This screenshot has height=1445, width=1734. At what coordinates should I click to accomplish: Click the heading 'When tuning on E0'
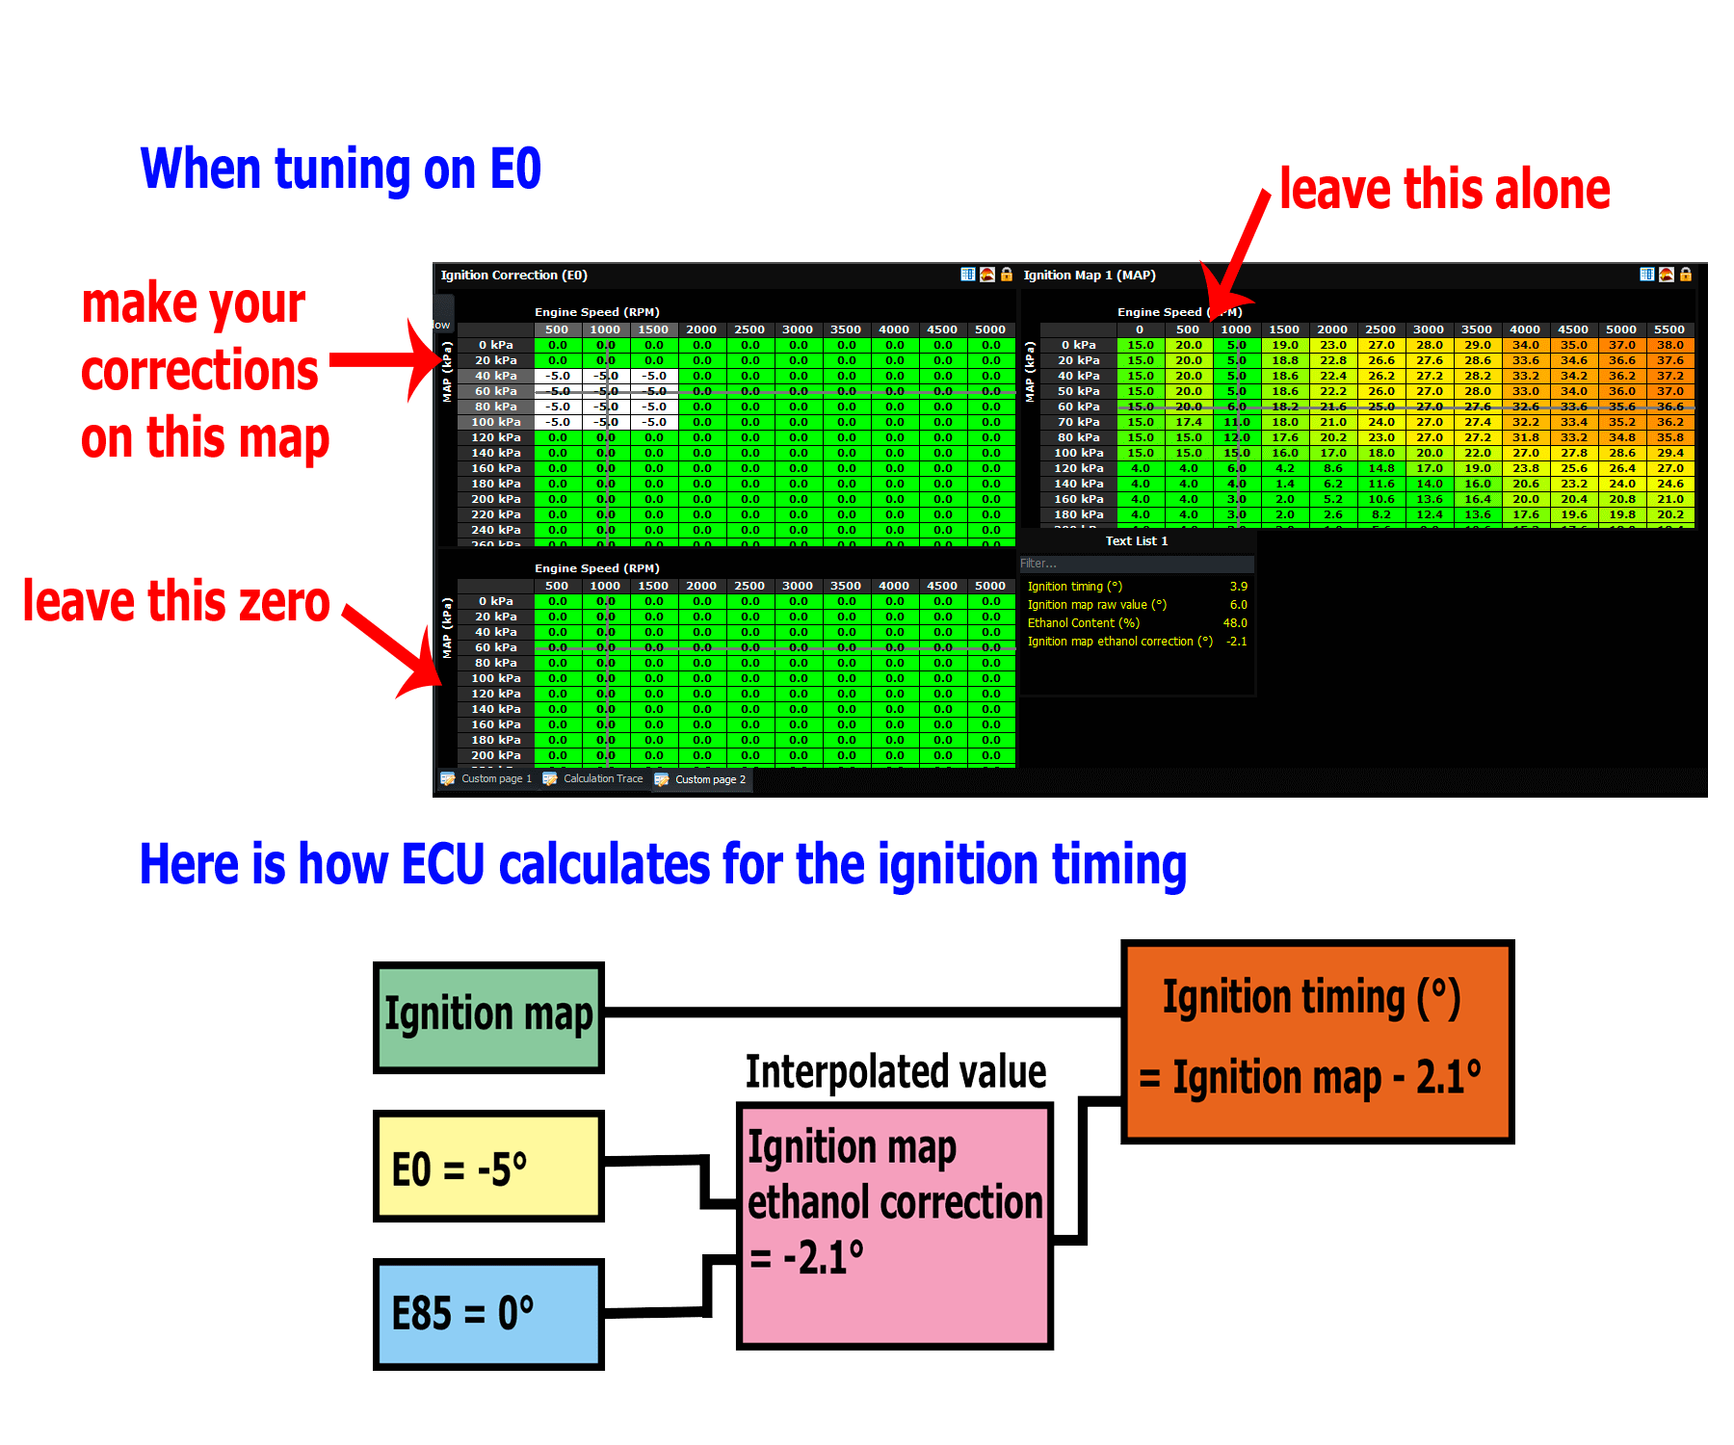tap(341, 170)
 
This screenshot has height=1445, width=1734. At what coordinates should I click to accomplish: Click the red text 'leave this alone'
tap(1444, 189)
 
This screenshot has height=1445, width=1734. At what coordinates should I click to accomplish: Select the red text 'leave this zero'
tap(176, 602)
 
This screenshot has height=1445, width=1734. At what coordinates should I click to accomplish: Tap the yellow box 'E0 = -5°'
tap(488, 1167)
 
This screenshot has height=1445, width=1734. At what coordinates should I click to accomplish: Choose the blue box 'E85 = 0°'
tap(488, 1314)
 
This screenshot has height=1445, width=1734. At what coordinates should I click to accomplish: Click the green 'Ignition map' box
tap(488, 1017)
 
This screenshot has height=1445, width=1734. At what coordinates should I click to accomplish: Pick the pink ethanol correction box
tap(895, 1225)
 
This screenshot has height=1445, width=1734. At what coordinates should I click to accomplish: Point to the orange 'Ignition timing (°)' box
tap(1317, 1041)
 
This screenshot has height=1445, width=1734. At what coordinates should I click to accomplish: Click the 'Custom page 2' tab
tap(709, 779)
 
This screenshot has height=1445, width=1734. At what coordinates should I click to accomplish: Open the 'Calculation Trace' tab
tap(602, 778)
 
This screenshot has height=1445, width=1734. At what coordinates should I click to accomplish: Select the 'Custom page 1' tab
tap(495, 778)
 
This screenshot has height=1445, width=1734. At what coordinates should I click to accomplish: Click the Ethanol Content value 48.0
tap(1235, 623)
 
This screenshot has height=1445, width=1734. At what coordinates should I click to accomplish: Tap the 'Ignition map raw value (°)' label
tap(1096, 605)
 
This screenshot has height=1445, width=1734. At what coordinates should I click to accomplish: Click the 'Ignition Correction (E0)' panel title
tap(513, 276)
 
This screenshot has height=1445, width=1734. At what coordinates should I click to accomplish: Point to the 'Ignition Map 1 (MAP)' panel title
tap(1089, 276)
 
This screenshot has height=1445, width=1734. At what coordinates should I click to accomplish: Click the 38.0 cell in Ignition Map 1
tap(1669, 345)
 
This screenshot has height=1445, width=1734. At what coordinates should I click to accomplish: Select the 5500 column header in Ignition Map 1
tap(1669, 329)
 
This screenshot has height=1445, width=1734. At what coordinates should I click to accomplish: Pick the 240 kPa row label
tap(496, 530)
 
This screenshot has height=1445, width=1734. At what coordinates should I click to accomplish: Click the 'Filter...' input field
tap(1137, 564)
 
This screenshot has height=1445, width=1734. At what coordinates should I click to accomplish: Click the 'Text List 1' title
tap(1137, 541)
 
